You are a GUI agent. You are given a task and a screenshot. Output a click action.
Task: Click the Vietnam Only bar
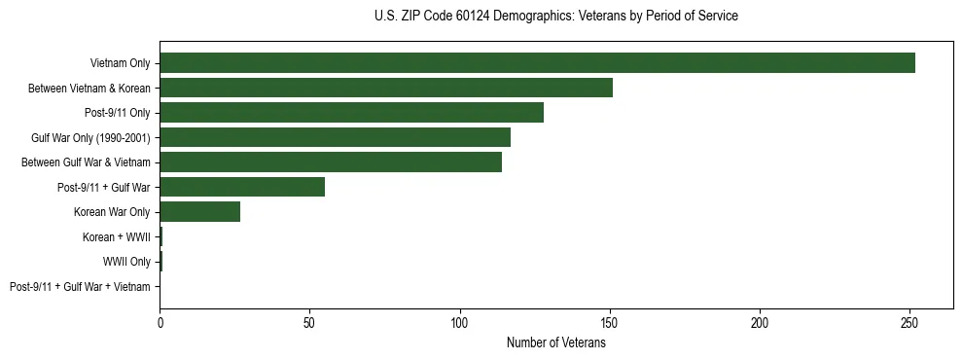(537, 63)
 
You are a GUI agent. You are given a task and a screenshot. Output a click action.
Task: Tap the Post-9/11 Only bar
(351, 113)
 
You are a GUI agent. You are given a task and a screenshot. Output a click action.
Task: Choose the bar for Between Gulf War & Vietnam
(331, 162)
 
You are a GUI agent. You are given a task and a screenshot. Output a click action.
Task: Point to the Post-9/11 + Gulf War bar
(242, 187)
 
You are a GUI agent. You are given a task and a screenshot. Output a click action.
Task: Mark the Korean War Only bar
(199, 212)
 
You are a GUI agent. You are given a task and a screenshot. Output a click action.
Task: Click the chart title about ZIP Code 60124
(555, 17)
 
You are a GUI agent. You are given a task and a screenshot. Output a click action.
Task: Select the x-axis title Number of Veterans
(555, 342)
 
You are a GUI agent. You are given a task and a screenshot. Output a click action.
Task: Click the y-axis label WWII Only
(126, 262)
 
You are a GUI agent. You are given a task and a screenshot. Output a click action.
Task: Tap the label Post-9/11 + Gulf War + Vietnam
(80, 287)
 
